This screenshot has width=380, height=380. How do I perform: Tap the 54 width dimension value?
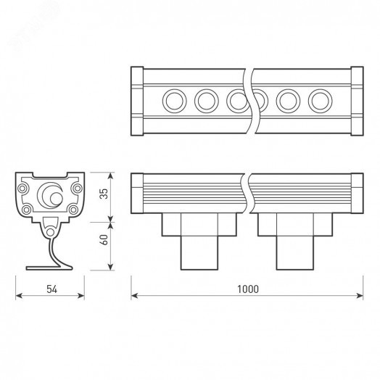click(51, 289)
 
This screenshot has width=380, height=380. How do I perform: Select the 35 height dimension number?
click(104, 194)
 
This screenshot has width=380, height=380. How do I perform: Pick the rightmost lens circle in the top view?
click(319, 99)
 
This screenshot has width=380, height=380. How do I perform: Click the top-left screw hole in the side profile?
click(26, 186)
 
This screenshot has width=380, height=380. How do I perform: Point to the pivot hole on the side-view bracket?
click(50, 231)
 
